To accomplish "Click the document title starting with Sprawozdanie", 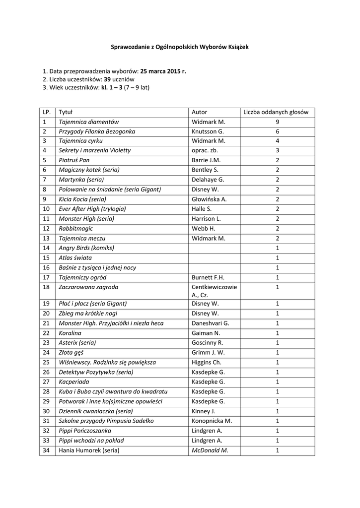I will coord(179,47).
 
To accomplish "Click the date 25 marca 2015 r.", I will coord(163,71).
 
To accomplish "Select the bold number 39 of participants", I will coord(107,79).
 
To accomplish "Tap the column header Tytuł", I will coord(66,112).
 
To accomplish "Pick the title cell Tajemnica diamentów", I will coord(89,122).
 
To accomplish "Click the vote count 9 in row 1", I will coord(278,122).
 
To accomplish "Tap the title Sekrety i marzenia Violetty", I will coord(95,150).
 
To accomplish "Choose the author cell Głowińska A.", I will coord(209,199).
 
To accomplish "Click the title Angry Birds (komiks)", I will coord(86,248).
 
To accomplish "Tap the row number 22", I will coord(47,333).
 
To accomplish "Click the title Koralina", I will coord(70,333).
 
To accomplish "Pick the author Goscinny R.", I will coord(208,343).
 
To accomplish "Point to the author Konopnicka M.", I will coord(212,421).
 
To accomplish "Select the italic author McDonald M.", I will coord(210,450).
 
